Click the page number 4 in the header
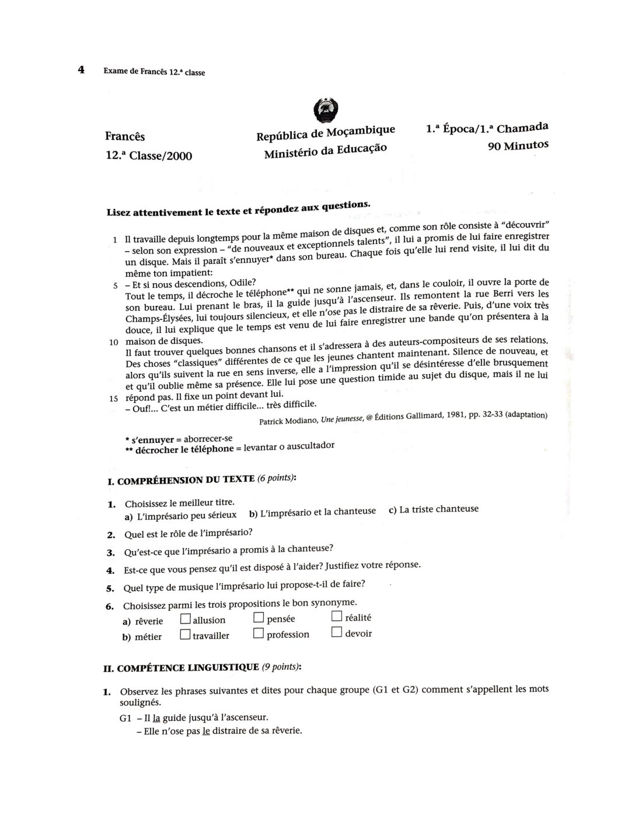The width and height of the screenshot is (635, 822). click(x=81, y=70)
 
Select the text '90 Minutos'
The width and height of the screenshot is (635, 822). click(x=518, y=145)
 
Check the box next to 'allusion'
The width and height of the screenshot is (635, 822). click(x=186, y=618)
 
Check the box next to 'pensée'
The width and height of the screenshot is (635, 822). click(x=259, y=618)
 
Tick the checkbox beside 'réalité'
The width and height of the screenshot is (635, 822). click(x=337, y=616)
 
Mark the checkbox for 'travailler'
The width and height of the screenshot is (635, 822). click(x=185, y=634)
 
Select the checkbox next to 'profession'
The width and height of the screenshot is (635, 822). click(x=259, y=633)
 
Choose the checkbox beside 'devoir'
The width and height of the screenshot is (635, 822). click(x=336, y=632)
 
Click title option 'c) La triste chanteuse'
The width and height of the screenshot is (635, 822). click(x=433, y=509)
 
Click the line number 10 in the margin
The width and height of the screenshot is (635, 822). click(x=114, y=342)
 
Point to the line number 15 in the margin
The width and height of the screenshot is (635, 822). click(x=114, y=399)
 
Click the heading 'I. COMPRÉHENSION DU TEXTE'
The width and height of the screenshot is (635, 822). click(x=180, y=480)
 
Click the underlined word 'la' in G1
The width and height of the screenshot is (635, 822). click(x=156, y=717)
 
